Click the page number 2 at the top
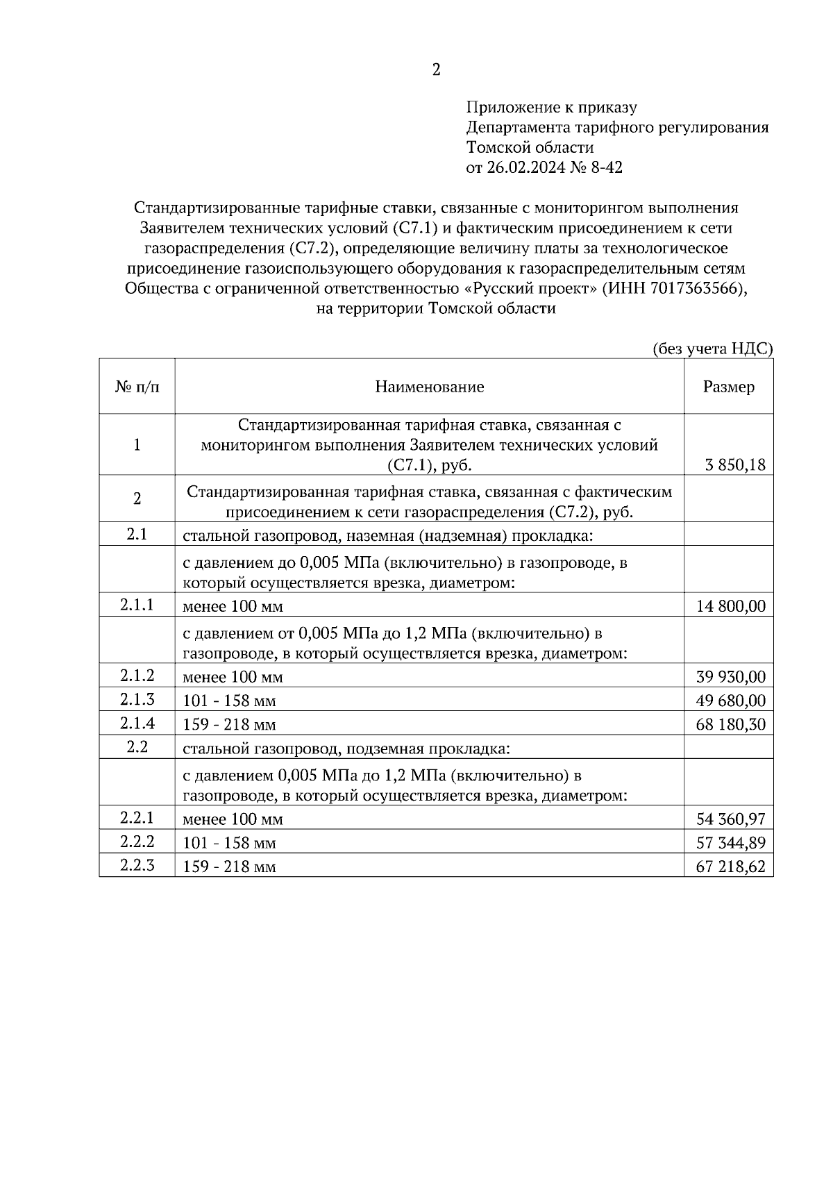click(x=436, y=70)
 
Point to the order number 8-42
click(x=606, y=167)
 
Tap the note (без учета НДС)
click(x=712, y=349)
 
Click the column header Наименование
click(x=429, y=387)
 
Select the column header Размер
click(x=728, y=387)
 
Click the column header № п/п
click(x=137, y=387)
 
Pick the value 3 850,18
click(x=734, y=465)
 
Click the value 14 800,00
click(x=730, y=607)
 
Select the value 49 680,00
click(x=730, y=701)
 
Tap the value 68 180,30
click(x=730, y=725)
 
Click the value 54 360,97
click(x=730, y=819)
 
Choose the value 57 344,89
click(x=730, y=843)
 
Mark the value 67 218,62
click(x=730, y=867)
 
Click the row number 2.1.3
click(x=137, y=699)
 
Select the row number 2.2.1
click(x=137, y=817)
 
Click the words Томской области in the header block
click(x=530, y=147)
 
